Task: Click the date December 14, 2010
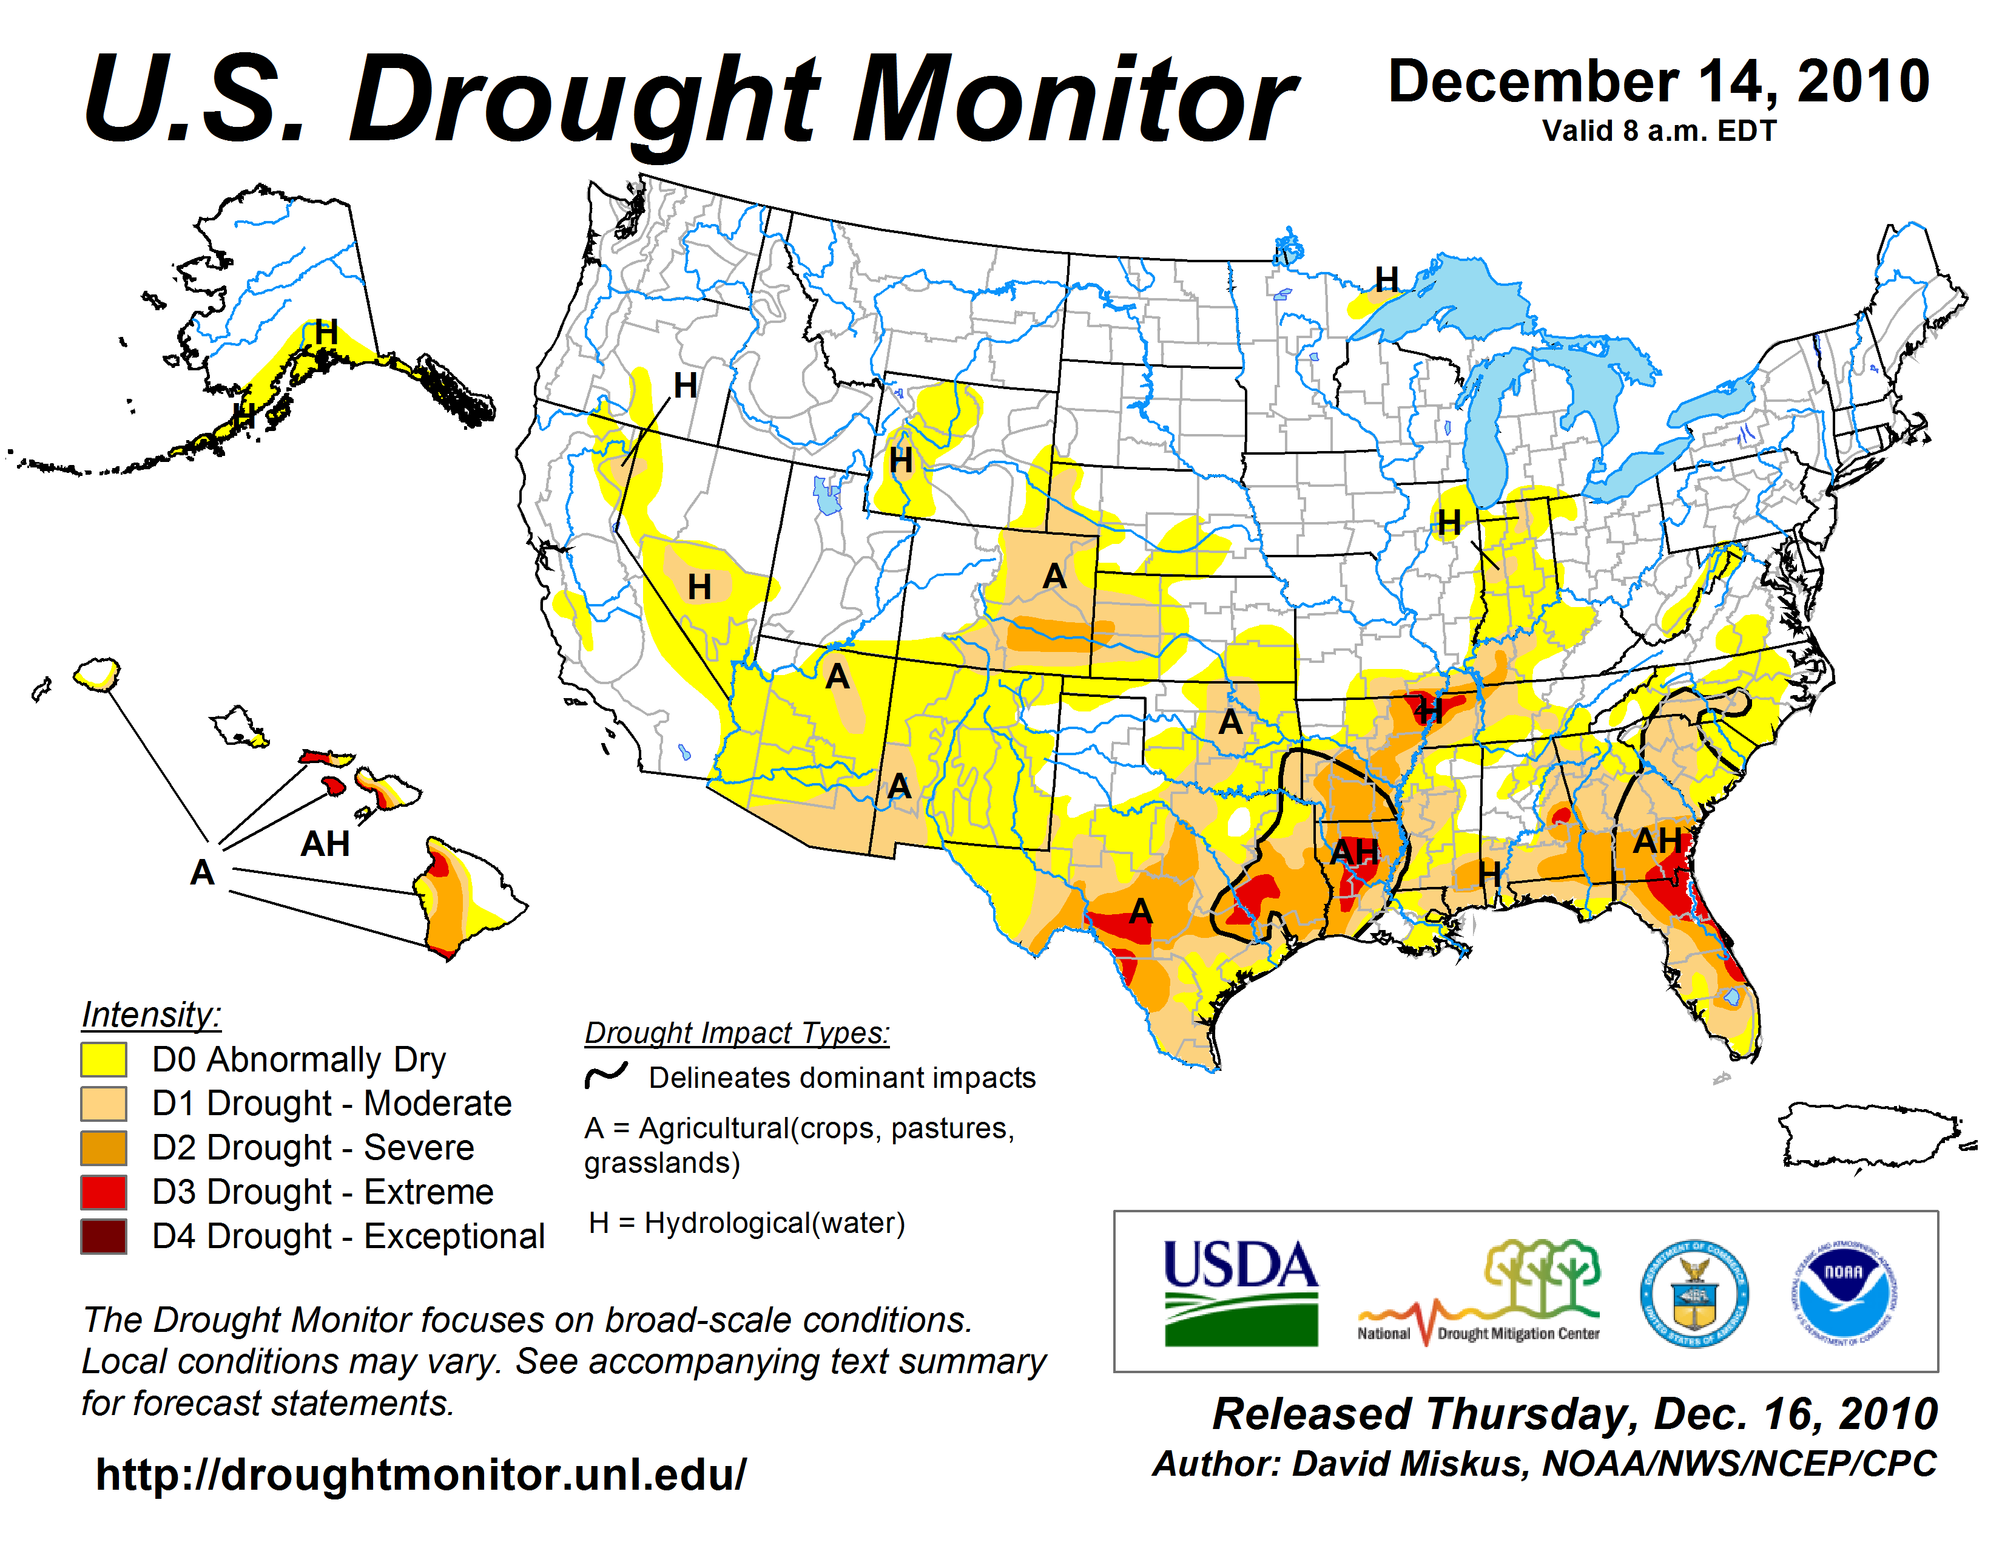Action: tap(1659, 81)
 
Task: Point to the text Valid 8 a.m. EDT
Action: tap(1659, 131)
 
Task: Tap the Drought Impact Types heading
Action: tap(737, 1033)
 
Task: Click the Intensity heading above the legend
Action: tap(151, 1015)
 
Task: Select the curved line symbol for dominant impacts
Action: tap(606, 1074)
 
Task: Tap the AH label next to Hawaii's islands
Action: tap(325, 844)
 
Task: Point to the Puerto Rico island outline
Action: tap(1870, 1135)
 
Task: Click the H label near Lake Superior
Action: tap(1387, 280)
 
